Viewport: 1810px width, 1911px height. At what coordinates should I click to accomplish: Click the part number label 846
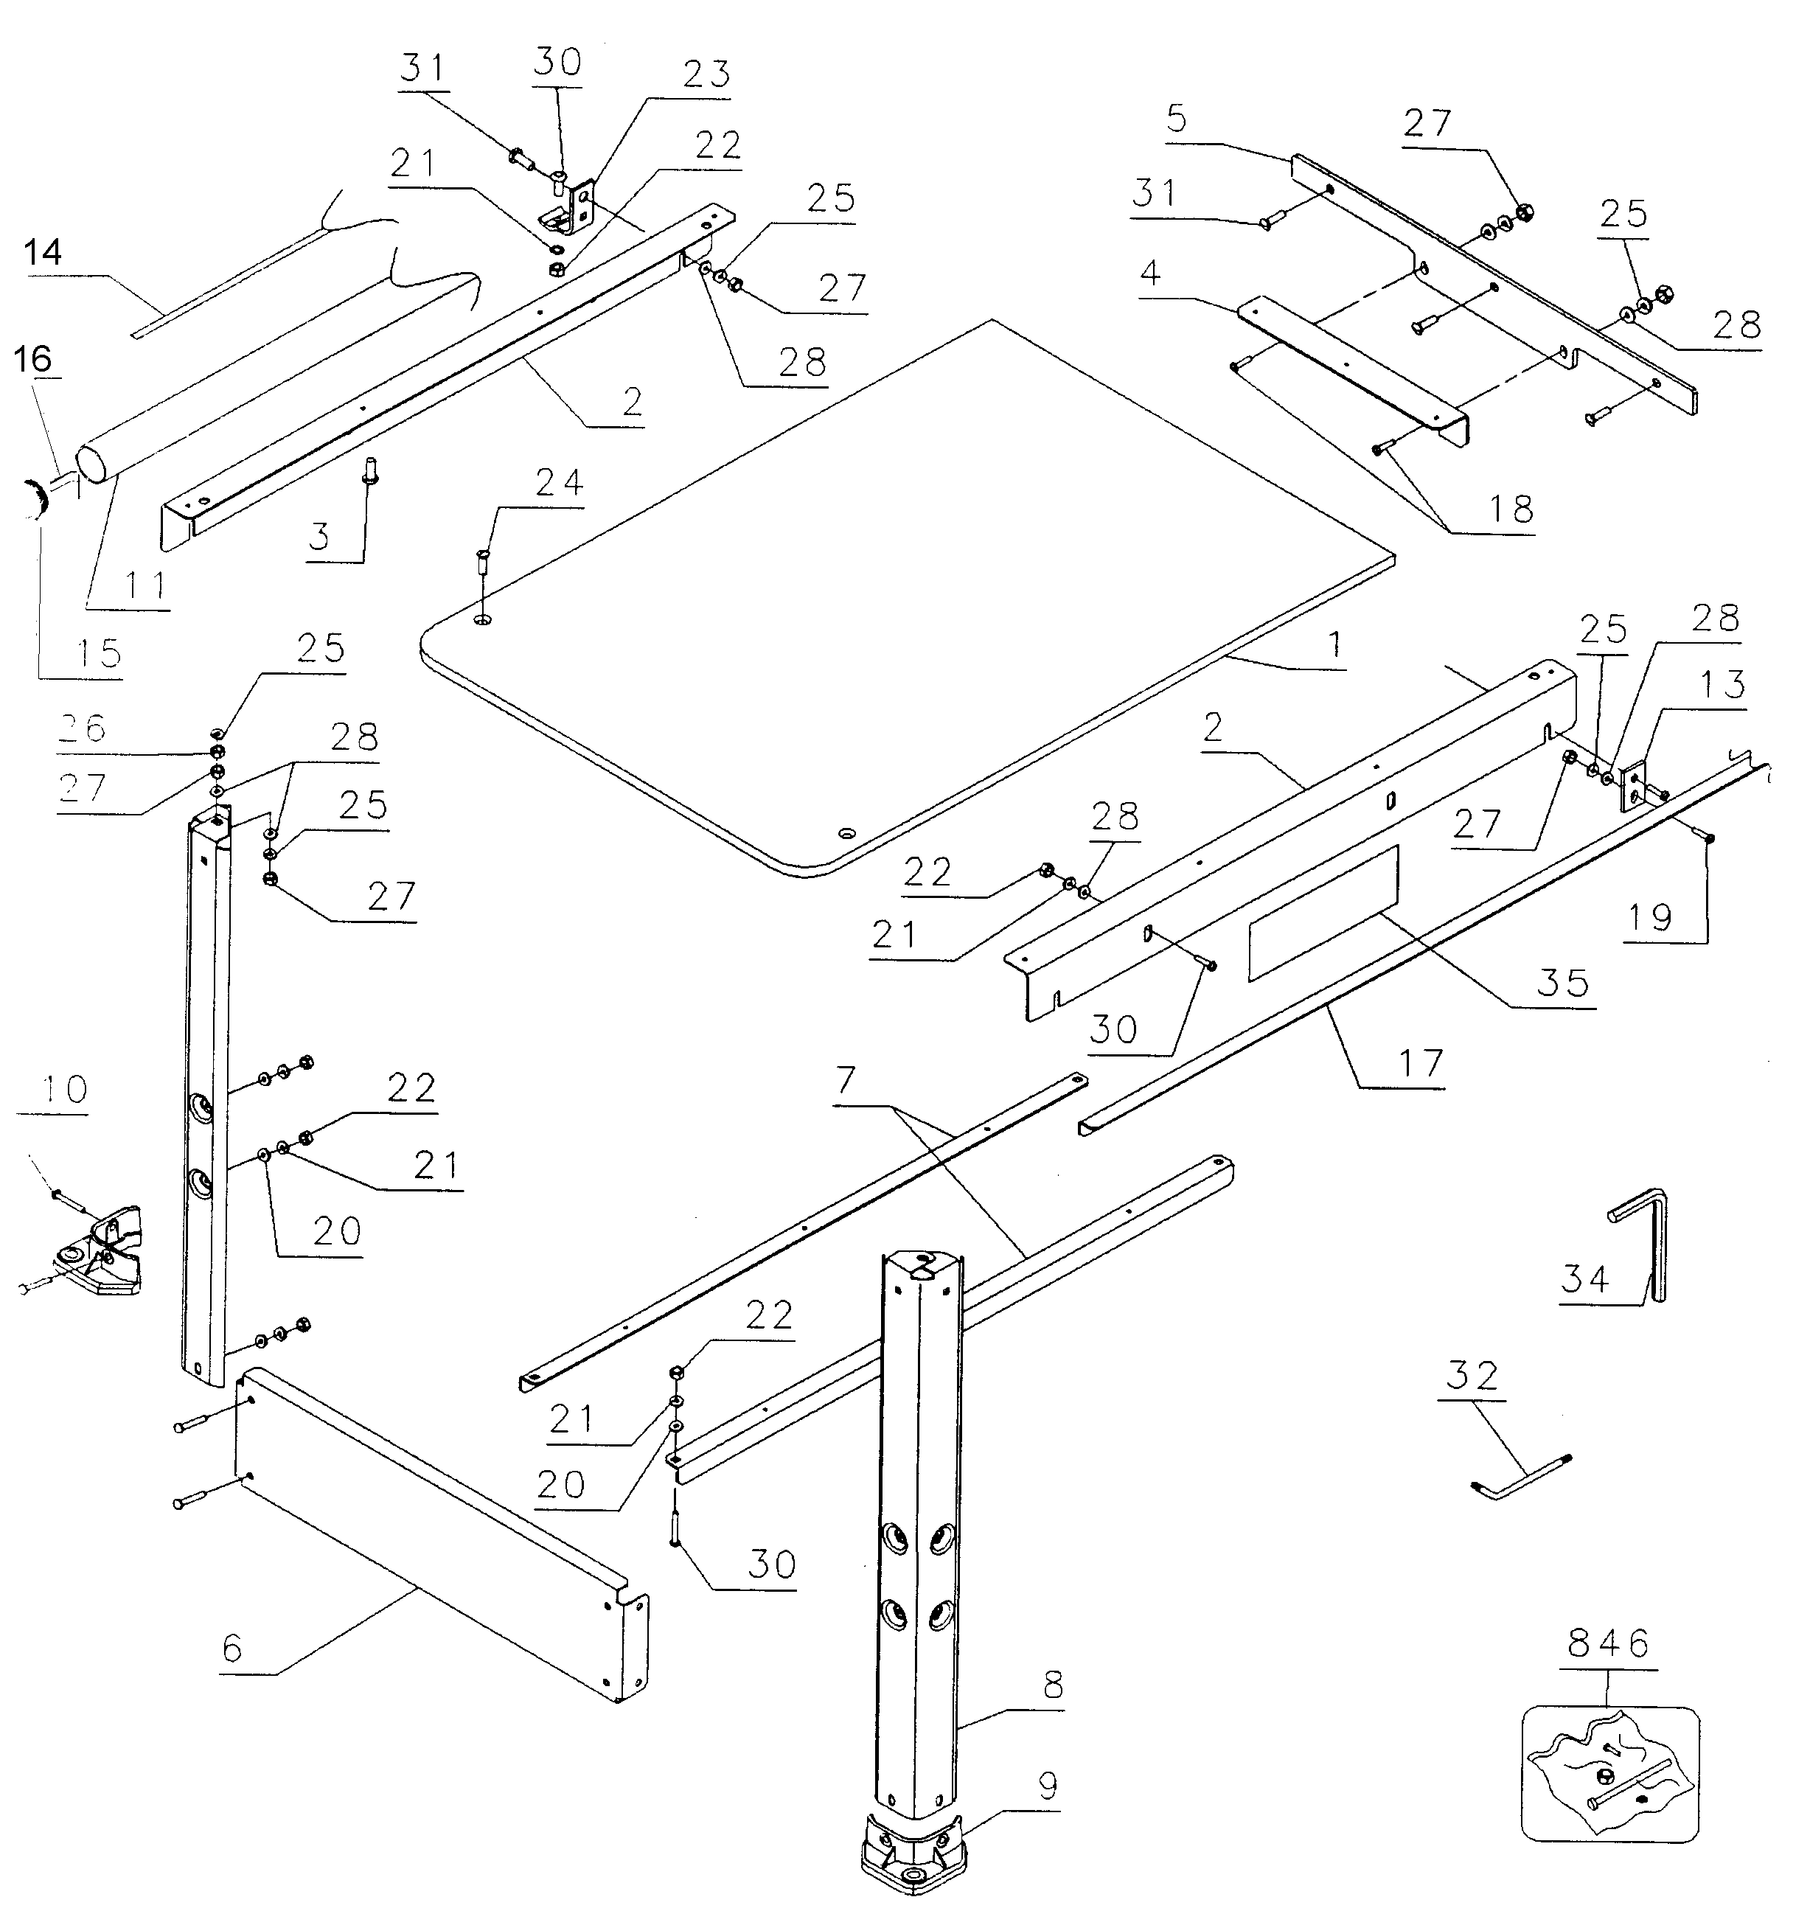point(1608,1643)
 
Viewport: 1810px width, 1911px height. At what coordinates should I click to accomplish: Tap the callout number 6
point(232,1649)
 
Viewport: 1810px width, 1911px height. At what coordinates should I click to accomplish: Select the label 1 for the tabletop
point(1335,644)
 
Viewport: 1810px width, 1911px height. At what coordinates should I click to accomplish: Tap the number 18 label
point(1511,509)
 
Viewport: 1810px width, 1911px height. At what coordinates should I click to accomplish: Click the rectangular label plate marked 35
point(1323,913)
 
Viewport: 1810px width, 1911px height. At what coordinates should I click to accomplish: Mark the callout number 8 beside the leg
point(1053,1685)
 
